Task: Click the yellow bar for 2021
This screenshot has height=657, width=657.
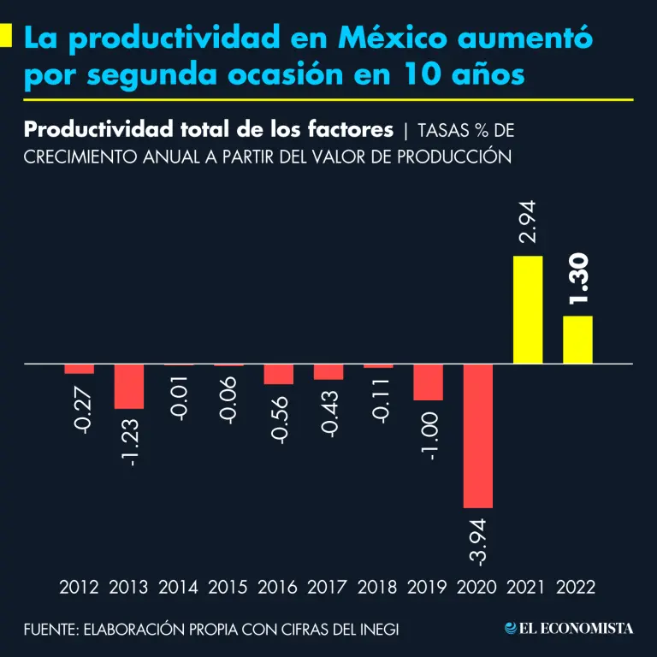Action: click(527, 310)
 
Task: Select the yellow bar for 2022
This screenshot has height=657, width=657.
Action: click(577, 340)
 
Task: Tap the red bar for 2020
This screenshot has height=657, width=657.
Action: click(478, 436)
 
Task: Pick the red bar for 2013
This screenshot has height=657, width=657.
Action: click(129, 387)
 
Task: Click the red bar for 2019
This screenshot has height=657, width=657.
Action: click(428, 382)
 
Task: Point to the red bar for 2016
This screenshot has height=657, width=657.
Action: click(278, 375)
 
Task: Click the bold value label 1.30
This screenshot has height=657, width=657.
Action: click(579, 281)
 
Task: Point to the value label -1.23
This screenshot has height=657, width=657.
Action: click(130, 439)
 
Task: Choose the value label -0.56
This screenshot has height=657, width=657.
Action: click(279, 417)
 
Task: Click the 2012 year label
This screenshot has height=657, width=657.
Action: click(79, 588)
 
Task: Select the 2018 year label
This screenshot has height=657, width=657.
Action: click(377, 588)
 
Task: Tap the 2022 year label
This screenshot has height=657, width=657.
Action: click(576, 588)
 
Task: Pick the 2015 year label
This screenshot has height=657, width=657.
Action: click(228, 588)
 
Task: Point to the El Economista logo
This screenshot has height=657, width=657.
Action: click(569, 629)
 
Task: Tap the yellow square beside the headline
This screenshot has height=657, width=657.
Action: click(6, 36)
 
